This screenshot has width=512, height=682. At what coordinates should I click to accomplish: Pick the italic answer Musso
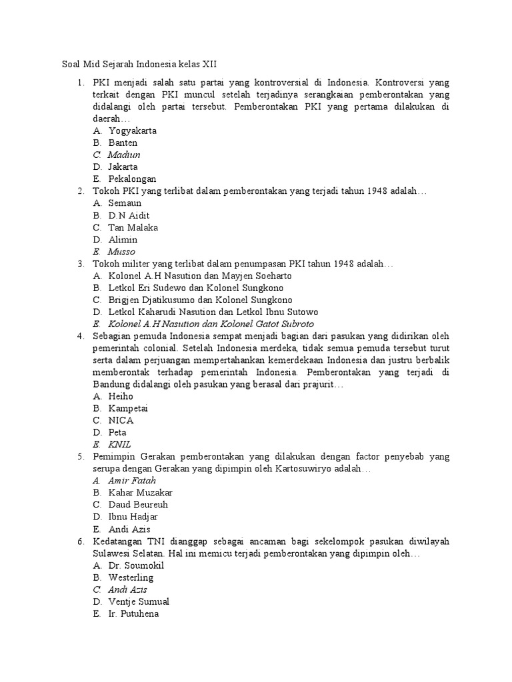[x=121, y=252]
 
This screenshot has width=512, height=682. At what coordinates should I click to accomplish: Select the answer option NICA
[x=121, y=420]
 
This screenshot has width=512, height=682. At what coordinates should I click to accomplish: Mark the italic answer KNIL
[x=120, y=444]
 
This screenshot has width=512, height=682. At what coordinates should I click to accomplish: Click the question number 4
[x=79, y=336]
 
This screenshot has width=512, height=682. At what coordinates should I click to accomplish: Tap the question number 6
[x=79, y=541]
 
